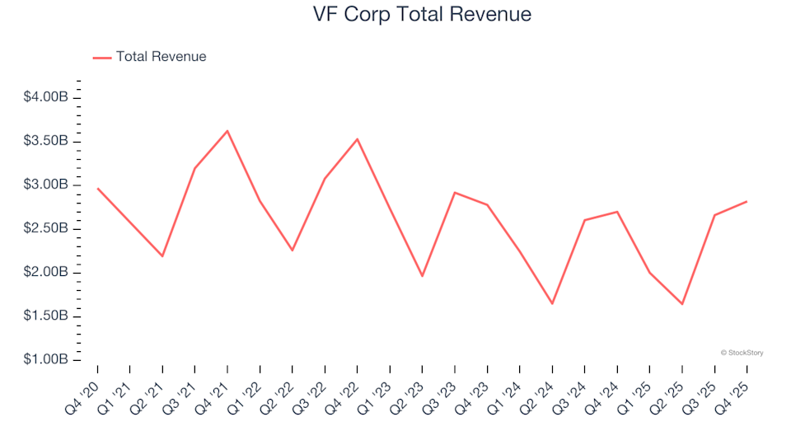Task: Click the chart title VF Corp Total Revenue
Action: [421, 14]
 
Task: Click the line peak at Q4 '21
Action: [227, 130]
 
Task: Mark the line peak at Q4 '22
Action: [357, 138]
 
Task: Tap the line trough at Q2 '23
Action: [422, 276]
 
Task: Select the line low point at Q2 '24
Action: [552, 303]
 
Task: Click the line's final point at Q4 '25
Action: [747, 201]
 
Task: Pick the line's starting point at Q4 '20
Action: [97, 188]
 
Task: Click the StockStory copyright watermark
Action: [742, 353]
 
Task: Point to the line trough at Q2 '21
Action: [162, 256]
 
